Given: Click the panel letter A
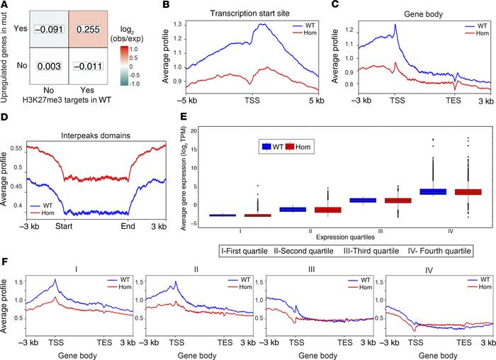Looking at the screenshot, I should click(x=5, y=6).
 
